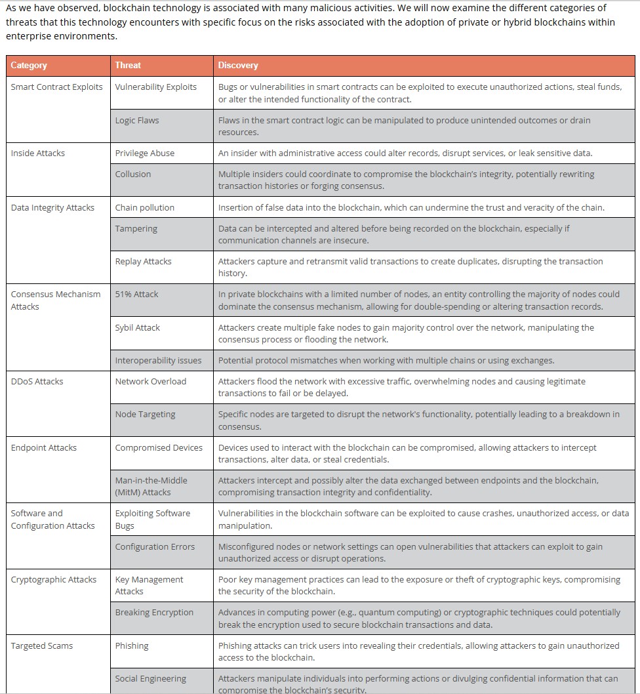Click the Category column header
click(x=29, y=66)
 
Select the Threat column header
click(x=128, y=66)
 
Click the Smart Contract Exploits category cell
click(x=57, y=87)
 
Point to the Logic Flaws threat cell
click(x=137, y=121)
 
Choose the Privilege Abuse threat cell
click(x=145, y=153)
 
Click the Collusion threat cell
click(x=133, y=174)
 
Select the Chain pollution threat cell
click(x=145, y=208)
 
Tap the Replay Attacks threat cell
click(x=144, y=262)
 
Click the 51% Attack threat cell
click(x=137, y=295)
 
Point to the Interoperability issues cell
click(x=159, y=361)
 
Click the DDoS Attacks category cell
click(x=37, y=382)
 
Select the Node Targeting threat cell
click(x=146, y=415)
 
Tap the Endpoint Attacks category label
click(x=44, y=448)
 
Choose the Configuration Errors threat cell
click(x=155, y=547)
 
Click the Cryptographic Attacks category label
click(x=54, y=580)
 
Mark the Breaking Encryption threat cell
click(x=155, y=613)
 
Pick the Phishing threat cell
click(x=132, y=646)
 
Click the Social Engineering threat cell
click(x=151, y=679)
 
